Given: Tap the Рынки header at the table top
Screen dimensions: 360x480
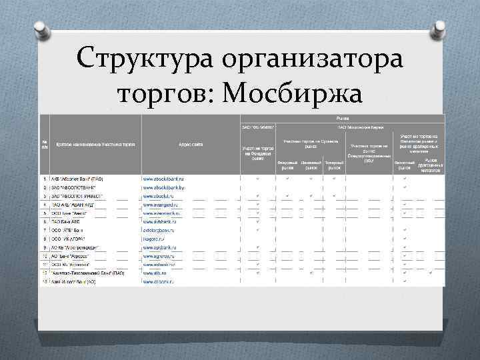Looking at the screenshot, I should pos(340,118).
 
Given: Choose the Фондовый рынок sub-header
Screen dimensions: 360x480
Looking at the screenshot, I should pos(287,165).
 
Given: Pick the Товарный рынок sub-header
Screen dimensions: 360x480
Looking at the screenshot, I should pos(334,165).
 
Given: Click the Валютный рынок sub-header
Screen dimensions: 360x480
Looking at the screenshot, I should pos(404,165).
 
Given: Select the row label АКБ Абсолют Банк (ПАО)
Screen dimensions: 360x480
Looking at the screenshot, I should pos(77,179).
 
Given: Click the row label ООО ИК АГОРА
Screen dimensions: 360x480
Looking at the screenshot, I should pos(68,239).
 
